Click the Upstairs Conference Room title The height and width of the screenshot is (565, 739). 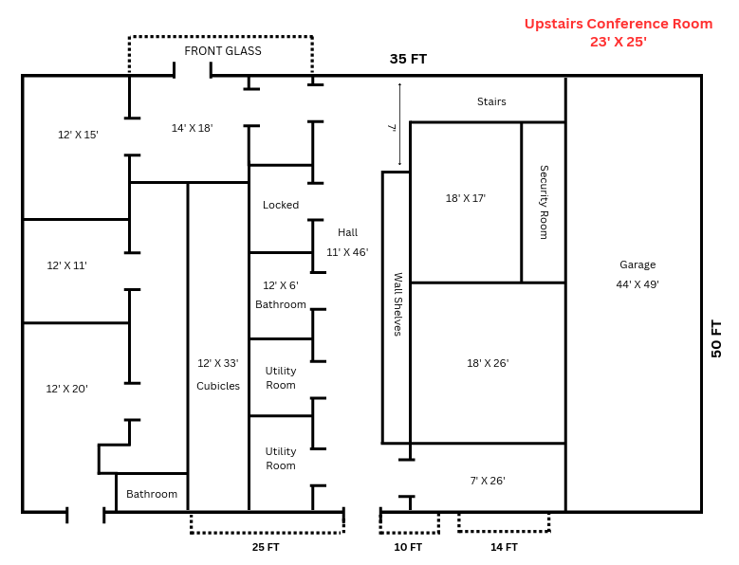(x=618, y=24)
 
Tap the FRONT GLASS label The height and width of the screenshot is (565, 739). (x=223, y=51)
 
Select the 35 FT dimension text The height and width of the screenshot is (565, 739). (x=408, y=59)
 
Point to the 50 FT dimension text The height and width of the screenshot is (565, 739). (x=716, y=338)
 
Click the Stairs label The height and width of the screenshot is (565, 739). (x=491, y=101)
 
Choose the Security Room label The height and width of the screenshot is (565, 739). (x=544, y=202)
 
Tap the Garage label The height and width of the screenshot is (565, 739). (x=637, y=264)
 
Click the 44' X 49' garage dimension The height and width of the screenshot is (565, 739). (x=637, y=283)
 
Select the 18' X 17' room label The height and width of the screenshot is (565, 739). (x=466, y=198)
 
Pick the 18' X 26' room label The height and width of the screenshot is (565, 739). (x=488, y=363)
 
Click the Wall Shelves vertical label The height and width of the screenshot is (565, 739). (x=397, y=304)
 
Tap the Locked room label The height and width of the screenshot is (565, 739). (x=281, y=205)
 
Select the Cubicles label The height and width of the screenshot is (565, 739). (x=218, y=386)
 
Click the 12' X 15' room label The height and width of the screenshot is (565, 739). (x=78, y=135)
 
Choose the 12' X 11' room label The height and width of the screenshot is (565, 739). (x=67, y=265)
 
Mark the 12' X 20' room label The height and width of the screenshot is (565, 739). (x=67, y=389)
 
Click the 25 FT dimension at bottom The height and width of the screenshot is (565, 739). (x=266, y=547)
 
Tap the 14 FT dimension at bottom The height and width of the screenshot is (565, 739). (x=504, y=547)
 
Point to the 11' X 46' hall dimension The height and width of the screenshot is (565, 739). (x=347, y=252)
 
